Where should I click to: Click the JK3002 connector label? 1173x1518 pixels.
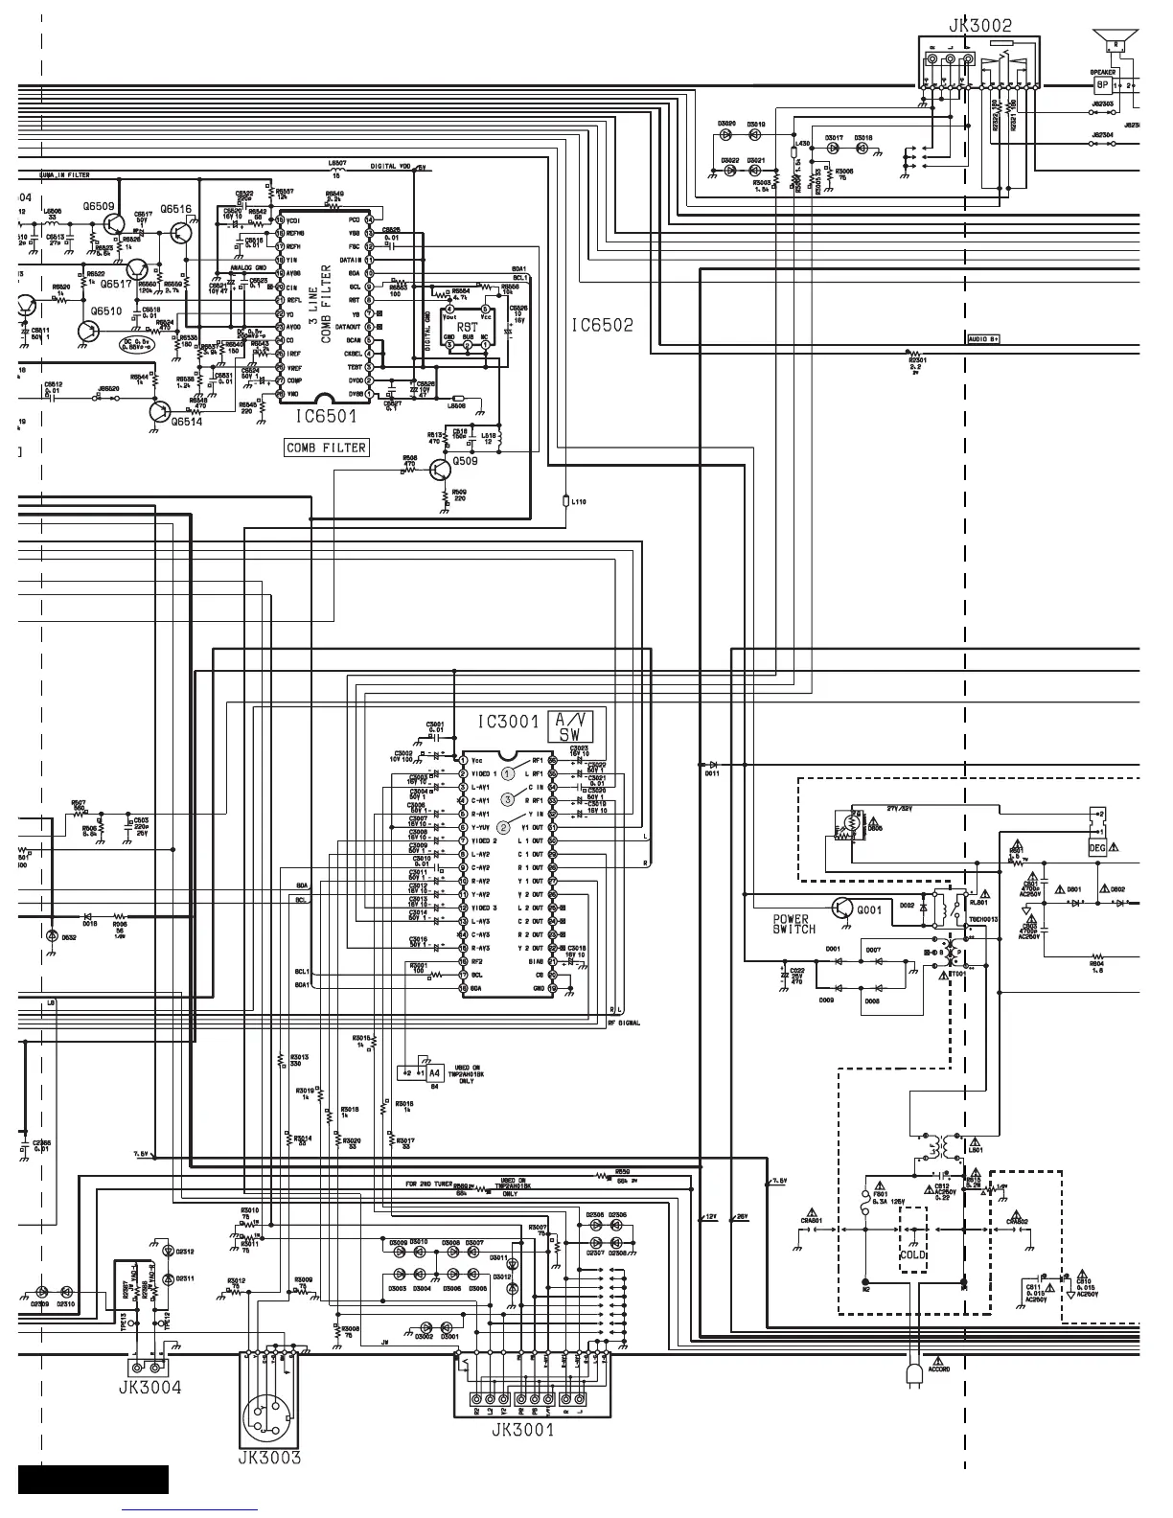coord(979,26)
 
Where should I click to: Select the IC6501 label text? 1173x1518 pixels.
coord(326,416)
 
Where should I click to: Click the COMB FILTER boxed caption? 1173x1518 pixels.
coord(326,448)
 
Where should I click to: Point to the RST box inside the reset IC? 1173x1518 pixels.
coord(467,326)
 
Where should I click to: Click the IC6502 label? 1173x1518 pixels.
coord(602,326)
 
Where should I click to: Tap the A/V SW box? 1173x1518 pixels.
coord(569,726)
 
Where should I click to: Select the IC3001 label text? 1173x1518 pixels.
coord(509,722)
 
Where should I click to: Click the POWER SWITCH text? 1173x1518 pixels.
coord(793,924)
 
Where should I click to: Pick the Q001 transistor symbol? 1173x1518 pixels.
coord(842,908)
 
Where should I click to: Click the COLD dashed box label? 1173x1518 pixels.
coord(912,1254)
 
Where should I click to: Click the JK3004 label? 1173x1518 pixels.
coord(149,1387)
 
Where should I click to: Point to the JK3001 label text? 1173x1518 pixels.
coord(522,1431)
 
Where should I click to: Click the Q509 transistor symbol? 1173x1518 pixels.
coord(440,471)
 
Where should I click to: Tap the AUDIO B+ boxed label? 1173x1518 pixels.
coord(984,339)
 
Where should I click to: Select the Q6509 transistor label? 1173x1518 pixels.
coord(98,206)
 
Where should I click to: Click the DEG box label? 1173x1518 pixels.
coord(1097,848)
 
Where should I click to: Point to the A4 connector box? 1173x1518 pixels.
coord(434,1073)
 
